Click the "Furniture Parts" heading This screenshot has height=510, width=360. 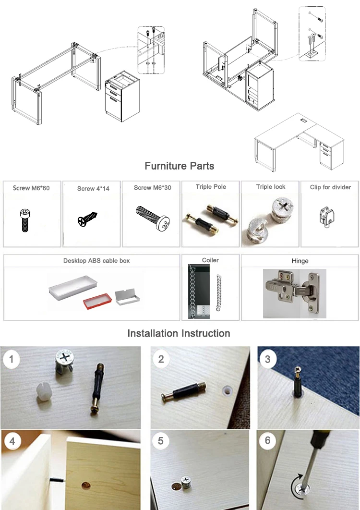point(179,166)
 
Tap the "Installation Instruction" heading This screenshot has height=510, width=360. point(179,333)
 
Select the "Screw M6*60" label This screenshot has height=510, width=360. point(31,188)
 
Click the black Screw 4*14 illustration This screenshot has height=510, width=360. point(87,219)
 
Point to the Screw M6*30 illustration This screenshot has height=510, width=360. point(153,219)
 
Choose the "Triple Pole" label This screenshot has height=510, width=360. point(211,187)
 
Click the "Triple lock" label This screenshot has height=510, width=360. point(271,187)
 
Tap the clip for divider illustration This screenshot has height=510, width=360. point(327,217)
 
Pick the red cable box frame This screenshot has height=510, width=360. point(97,301)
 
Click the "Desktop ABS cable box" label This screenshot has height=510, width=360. point(96,261)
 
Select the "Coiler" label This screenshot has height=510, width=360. point(210,260)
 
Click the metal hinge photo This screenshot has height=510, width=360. point(294,293)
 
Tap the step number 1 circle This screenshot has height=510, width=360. point(12,359)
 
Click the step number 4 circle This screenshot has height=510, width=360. point(12,441)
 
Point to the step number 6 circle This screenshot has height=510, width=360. point(268,441)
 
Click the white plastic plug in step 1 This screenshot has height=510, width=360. point(43,395)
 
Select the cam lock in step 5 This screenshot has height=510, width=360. point(186,482)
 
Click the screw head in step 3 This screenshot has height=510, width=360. point(298,369)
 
